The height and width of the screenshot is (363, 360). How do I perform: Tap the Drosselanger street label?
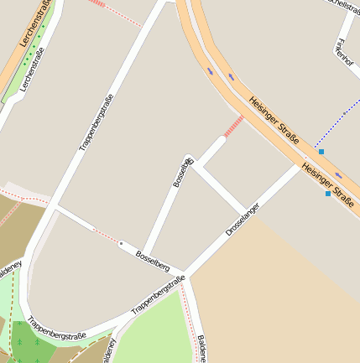coord(244,218)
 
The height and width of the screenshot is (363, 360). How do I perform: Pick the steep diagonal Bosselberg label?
coord(183,171)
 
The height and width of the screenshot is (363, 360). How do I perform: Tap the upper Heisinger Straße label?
coord(274,121)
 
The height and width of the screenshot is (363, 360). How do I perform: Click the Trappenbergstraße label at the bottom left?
coord(56,328)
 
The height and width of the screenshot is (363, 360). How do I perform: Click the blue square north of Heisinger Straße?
coord(321,152)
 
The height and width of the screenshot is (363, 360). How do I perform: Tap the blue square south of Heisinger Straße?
coord(327,194)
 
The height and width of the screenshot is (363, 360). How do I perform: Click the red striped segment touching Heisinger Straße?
coord(233,126)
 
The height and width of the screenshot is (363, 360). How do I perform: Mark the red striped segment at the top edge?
coord(97,3)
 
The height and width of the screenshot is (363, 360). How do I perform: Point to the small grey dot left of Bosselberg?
coord(121,243)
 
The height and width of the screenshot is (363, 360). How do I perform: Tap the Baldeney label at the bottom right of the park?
coord(202,348)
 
